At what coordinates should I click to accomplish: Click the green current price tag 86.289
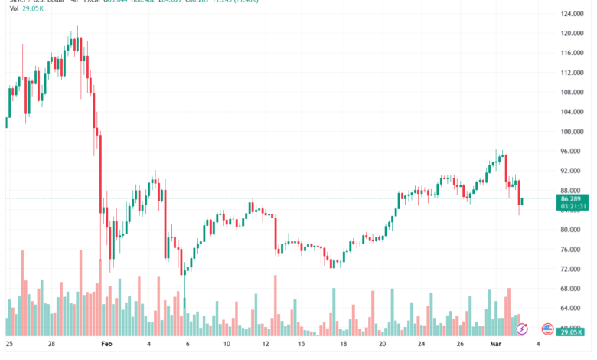coord(573,198)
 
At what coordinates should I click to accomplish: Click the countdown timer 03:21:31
coord(573,206)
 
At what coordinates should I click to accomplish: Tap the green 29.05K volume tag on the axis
coord(573,331)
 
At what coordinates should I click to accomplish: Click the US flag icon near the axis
coord(547,329)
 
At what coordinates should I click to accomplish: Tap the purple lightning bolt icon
coord(522,329)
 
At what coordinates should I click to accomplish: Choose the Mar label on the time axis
coord(496,345)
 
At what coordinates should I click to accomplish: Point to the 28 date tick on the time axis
coord(51,345)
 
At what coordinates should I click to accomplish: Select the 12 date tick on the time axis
coord(264,345)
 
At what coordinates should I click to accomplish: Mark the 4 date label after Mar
coord(538,345)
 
